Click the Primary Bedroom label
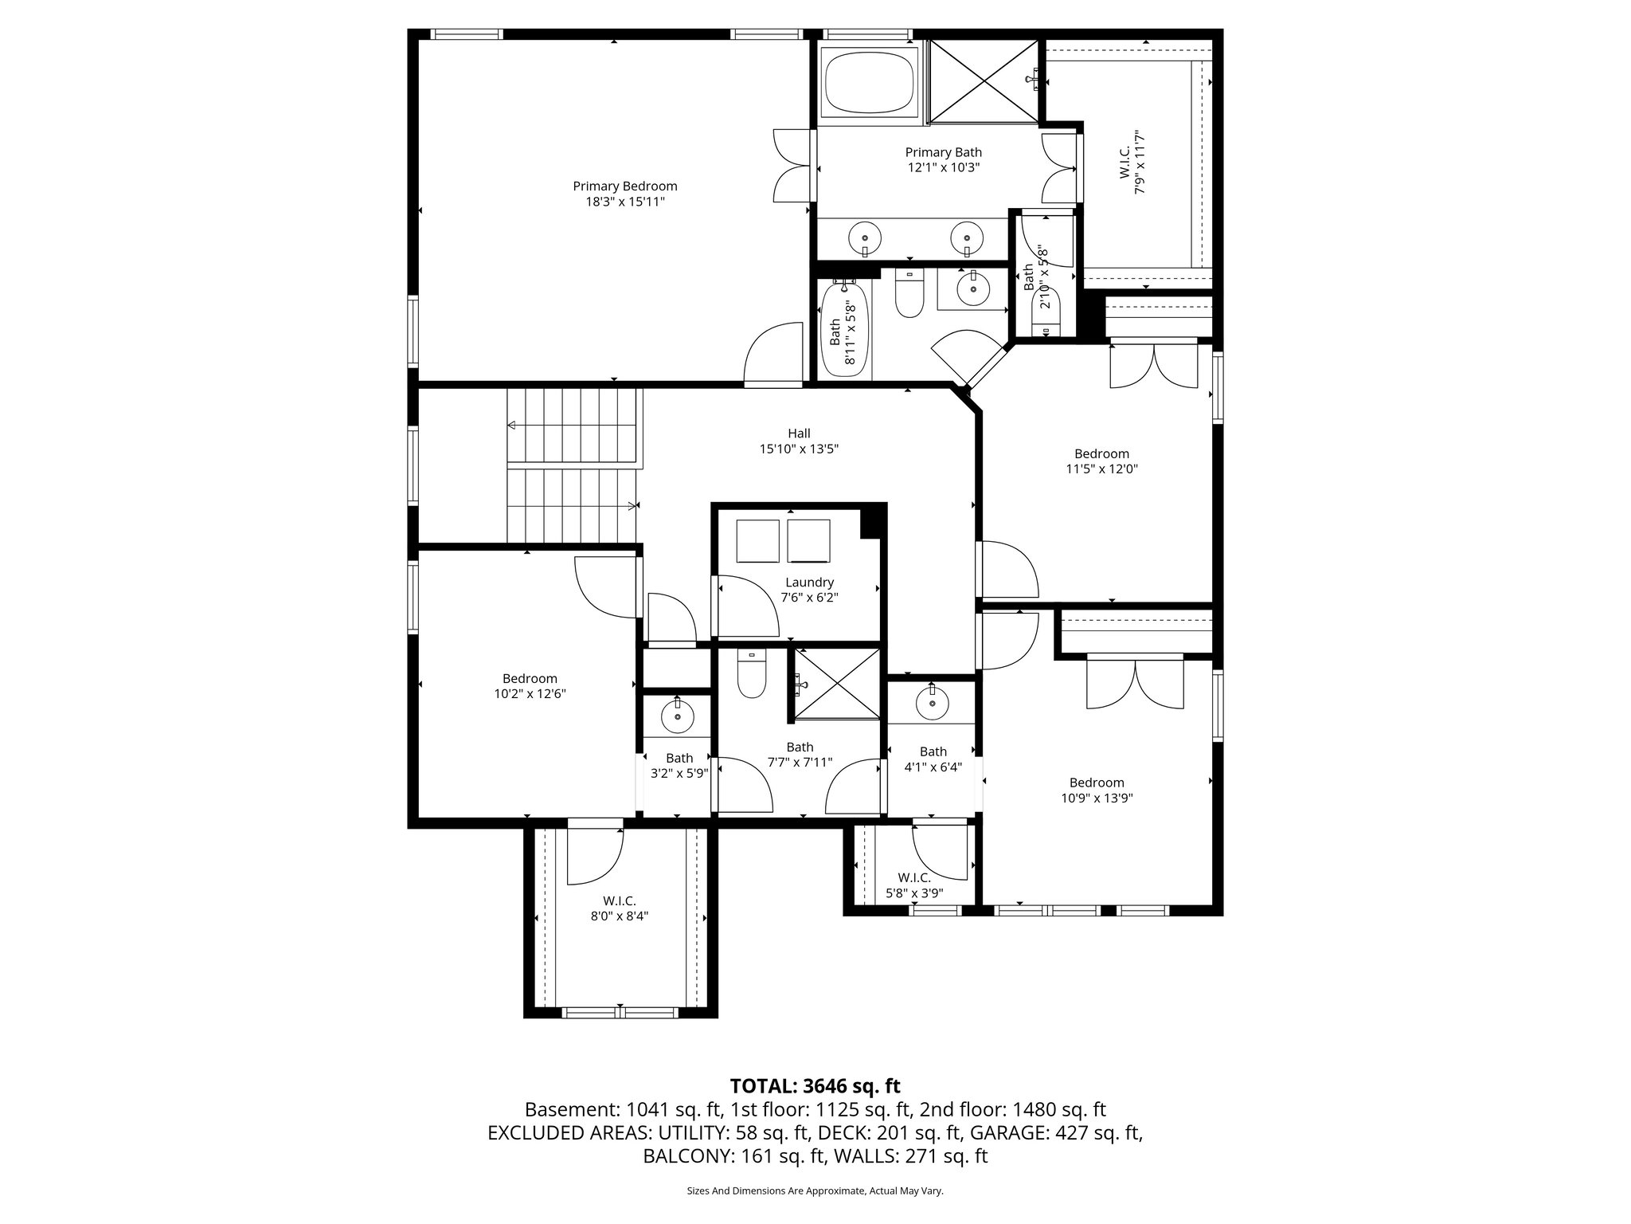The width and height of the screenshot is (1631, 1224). click(x=625, y=186)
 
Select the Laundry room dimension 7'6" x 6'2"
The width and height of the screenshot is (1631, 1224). click(x=809, y=597)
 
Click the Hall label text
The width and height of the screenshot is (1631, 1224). click(x=799, y=433)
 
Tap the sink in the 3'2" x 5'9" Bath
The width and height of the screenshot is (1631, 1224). click(x=678, y=716)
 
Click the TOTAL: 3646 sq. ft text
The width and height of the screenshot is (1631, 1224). click(x=815, y=1086)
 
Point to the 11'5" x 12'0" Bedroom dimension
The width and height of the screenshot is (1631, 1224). click(x=1101, y=469)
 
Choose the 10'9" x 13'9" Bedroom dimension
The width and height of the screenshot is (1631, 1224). click(x=1097, y=798)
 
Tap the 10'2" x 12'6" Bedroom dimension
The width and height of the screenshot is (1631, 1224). click(x=530, y=694)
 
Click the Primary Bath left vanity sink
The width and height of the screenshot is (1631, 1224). click(x=865, y=237)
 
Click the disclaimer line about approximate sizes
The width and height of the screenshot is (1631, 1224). click(x=815, y=1191)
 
